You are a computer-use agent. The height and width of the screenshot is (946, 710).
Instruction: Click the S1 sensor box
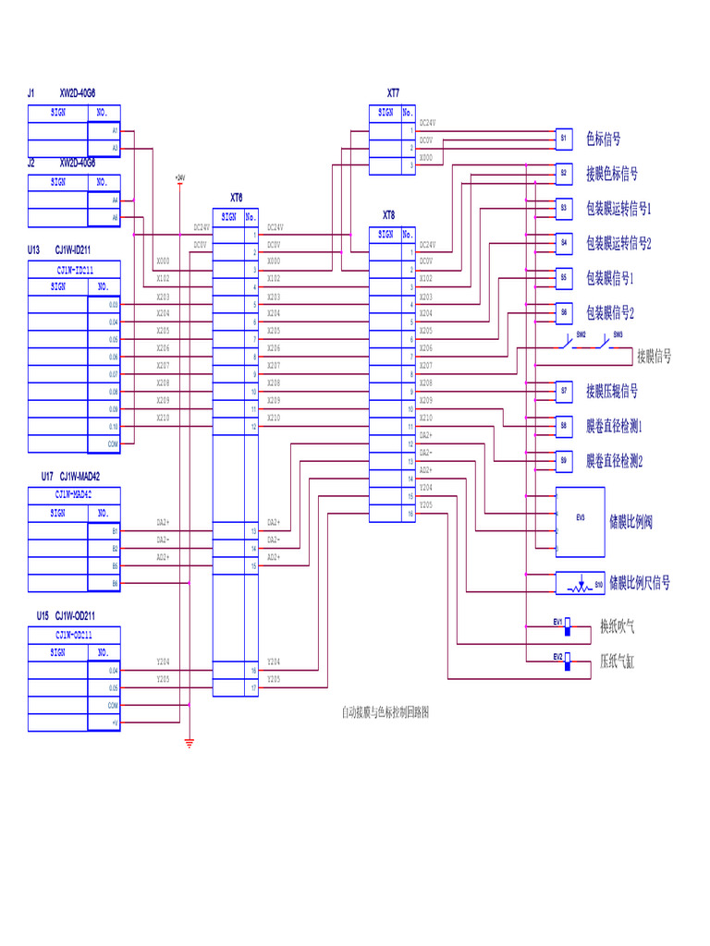(x=563, y=138)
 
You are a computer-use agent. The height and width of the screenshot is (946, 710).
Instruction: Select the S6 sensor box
(x=563, y=312)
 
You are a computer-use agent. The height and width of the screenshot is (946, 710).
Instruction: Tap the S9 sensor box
(x=563, y=460)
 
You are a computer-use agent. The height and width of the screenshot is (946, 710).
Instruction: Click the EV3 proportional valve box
(x=580, y=519)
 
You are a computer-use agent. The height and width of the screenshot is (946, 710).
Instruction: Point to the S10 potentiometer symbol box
(x=580, y=583)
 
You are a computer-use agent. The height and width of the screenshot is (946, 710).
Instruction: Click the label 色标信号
(x=603, y=139)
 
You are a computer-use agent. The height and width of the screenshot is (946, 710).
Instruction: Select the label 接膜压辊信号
(x=611, y=392)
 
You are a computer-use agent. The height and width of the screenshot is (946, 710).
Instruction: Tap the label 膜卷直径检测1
(x=614, y=426)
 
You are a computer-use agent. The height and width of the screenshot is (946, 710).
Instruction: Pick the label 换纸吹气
(x=617, y=626)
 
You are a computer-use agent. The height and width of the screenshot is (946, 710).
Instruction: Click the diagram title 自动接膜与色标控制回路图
(x=386, y=712)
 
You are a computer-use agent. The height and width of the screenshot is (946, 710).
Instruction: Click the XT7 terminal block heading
(x=393, y=93)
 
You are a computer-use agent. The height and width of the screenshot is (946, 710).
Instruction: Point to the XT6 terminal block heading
(x=236, y=198)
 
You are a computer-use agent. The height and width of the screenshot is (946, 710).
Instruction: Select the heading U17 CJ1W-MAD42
(x=70, y=477)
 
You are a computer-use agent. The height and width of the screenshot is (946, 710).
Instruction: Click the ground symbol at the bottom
(x=189, y=741)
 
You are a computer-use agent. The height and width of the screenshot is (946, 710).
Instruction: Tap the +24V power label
(x=179, y=176)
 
